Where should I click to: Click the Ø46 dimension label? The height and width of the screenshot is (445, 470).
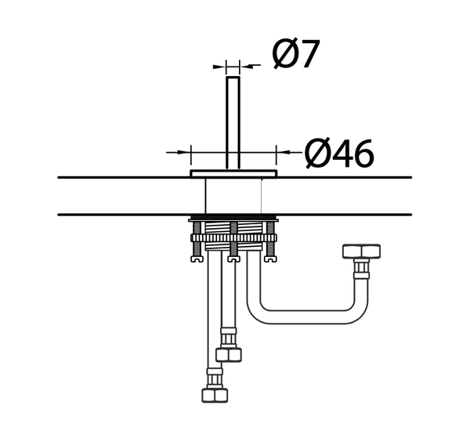tap(339, 154)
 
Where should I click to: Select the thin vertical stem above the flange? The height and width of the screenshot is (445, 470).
tap(233, 118)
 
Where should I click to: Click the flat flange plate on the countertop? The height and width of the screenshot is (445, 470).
tap(233, 172)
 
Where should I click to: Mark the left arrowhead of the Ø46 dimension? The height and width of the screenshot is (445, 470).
tap(187, 150)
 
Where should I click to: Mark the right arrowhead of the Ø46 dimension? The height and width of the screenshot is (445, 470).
tap(280, 150)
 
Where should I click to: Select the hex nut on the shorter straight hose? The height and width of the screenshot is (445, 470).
tap(230, 355)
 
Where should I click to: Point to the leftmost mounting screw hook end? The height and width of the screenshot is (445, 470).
tap(196, 255)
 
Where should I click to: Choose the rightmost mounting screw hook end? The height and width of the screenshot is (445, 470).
tap(271, 255)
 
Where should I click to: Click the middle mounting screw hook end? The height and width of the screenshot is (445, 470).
tap(233, 255)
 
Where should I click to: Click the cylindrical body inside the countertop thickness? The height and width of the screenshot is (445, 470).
tap(233, 195)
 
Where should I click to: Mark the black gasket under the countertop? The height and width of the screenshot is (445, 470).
tap(233, 217)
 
